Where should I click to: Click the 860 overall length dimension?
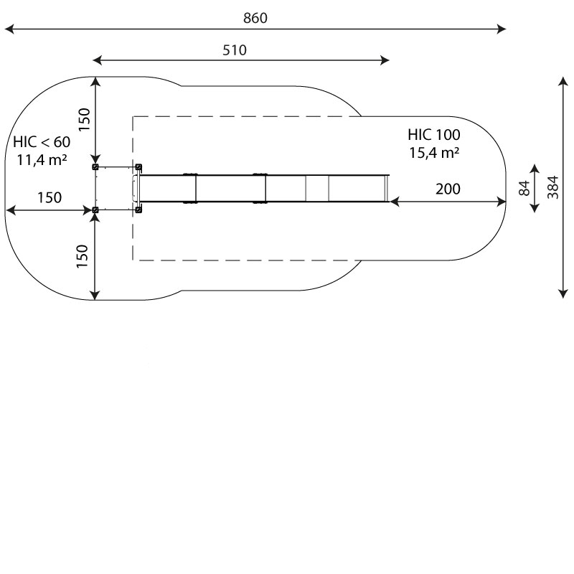pos(255,18)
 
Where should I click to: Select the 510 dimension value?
pos(235,50)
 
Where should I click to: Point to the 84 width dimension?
pos(524,188)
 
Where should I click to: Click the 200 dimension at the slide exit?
pos(448,189)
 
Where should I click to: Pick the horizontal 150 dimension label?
pos(50,198)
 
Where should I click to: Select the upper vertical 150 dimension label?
pos(84,120)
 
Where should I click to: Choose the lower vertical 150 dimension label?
pos(83,256)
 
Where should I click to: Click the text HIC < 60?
pos(42,142)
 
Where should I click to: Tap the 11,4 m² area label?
pos(42,160)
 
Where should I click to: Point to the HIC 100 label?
pos(434,135)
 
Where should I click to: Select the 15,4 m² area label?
pos(434,153)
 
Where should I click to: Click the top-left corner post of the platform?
pos(95,167)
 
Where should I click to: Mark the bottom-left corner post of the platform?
pos(95,210)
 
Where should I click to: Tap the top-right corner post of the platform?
pos(138,167)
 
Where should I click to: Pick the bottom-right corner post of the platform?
pos(138,210)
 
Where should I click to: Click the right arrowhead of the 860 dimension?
pos(502,29)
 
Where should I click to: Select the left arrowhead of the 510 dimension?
pos(98,60)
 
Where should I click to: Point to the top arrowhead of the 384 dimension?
pos(563,81)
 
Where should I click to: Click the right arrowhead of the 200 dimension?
pos(502,202)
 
